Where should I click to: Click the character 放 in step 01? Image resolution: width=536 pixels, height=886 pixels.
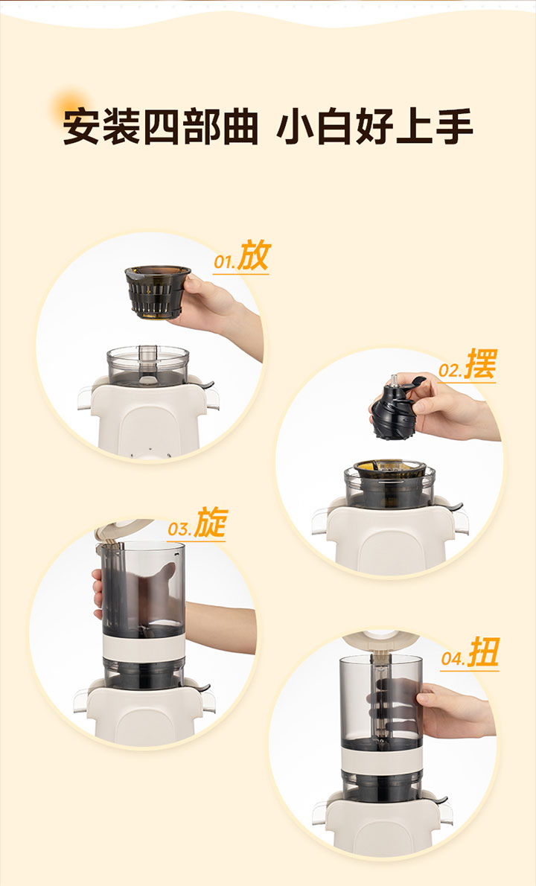coord(254,255)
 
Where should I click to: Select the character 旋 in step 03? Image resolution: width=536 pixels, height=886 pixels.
coord(211,523)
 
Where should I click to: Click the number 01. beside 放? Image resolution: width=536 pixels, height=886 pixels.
coord(225,263)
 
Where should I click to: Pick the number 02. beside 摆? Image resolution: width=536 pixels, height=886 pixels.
coord(451,372)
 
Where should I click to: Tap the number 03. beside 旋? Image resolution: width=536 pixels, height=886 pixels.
coord(180,530)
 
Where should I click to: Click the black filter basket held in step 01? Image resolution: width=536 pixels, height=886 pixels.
coord(158,292)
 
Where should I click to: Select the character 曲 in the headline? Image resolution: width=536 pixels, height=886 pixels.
coord(240,128)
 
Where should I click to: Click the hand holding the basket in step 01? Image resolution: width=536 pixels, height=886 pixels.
coord(217,310)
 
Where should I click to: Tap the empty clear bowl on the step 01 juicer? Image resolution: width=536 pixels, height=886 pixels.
coord(148,366)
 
